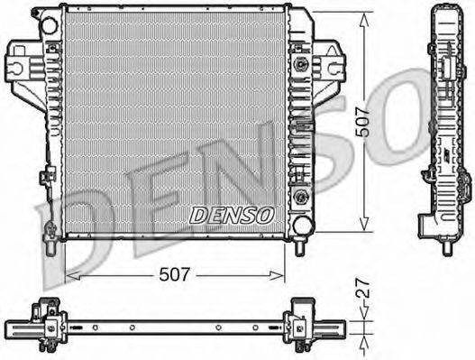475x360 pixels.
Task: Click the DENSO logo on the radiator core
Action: pyautogui.click(x=232, y=215)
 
